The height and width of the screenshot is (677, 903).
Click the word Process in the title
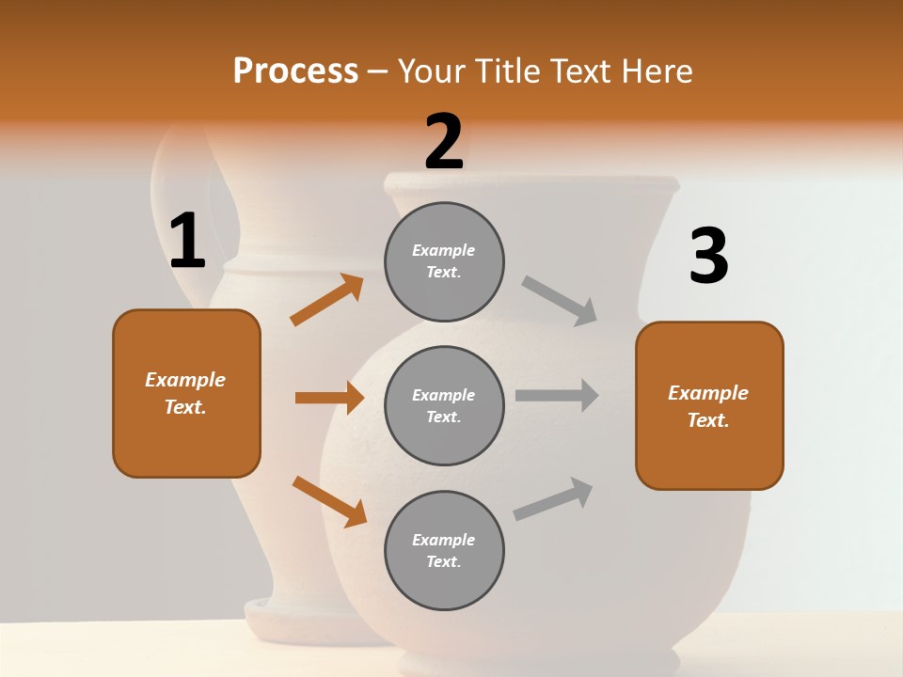[295, 71]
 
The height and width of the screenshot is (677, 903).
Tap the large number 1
[187, 242]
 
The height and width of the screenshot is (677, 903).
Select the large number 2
[444, 142]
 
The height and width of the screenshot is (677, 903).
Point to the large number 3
[708, 257]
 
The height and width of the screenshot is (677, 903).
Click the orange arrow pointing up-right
[327, 300]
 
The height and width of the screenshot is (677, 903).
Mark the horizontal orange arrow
[329, 398]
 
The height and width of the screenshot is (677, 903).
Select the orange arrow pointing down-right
[329, 500]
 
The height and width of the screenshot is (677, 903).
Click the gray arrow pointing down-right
[561, 300]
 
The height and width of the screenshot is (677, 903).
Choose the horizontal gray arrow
[557, 396]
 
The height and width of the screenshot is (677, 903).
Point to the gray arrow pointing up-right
[554, 498]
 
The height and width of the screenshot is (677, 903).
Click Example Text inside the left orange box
[186, 393]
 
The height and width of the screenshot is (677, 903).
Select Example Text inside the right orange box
[708, 406]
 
